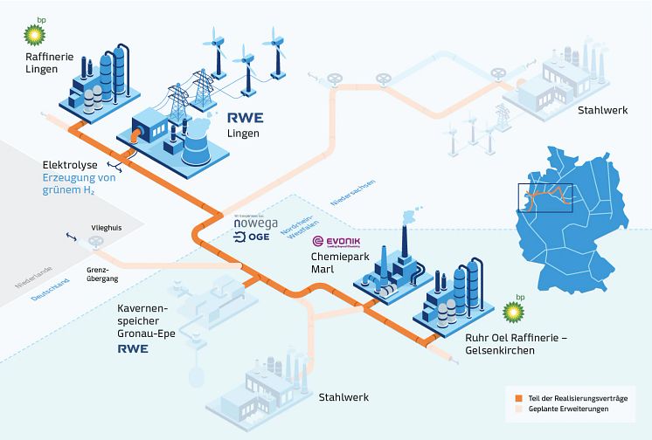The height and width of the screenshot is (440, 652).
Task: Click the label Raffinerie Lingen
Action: pyautogui.click(x=43, y=65)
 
